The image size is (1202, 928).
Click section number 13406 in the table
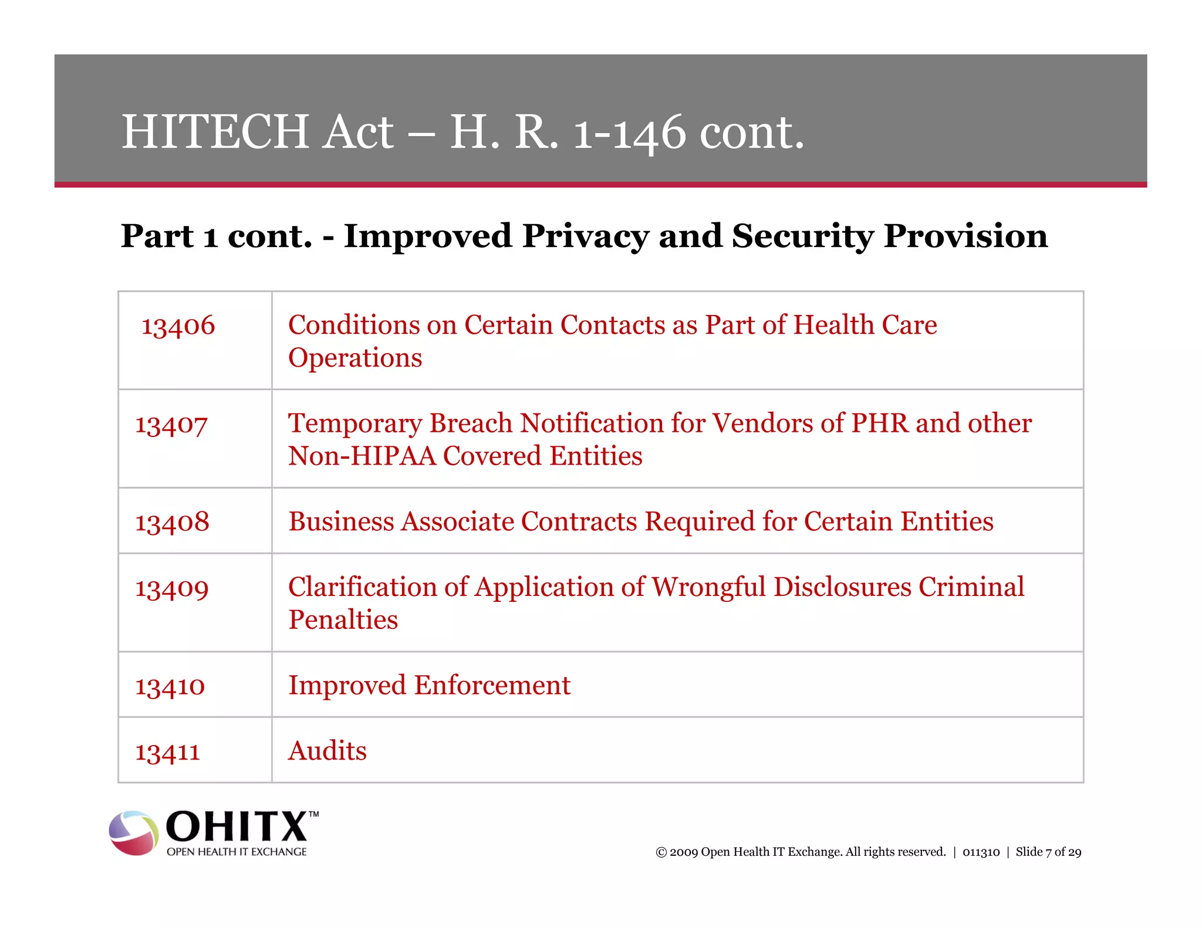178,326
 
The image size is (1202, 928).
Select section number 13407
171,424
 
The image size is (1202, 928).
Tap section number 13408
172,522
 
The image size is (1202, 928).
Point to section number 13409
171,588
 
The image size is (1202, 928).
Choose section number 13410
170,686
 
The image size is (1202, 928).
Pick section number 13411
167,751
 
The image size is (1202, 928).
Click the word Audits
327,751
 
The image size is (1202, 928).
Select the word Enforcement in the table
492,685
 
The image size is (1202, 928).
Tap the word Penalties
343,620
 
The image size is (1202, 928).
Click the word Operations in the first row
354,358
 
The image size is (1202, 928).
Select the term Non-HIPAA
362,456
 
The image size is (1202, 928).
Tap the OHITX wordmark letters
238,827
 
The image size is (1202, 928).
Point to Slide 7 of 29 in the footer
1048,852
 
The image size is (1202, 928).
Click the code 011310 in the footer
981,852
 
